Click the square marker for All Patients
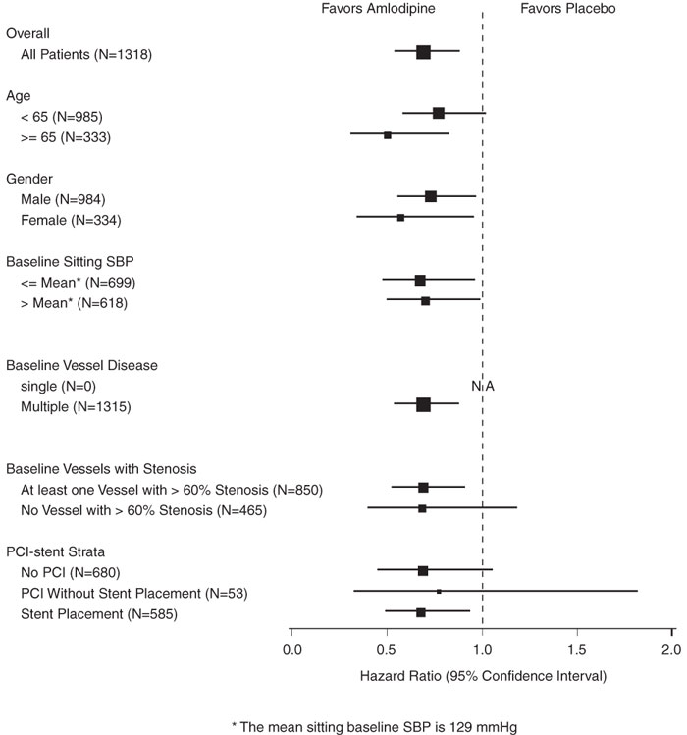coord(423,52)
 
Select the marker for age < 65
coord(439,114)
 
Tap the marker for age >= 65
coord(388,135)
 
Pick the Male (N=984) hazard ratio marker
coord(431,196)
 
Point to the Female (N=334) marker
coord(400,217)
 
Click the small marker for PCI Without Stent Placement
coord(439,592)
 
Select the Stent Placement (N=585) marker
coord(421,612)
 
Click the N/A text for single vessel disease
coord(482,386)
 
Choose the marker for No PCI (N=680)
coord(423,571)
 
